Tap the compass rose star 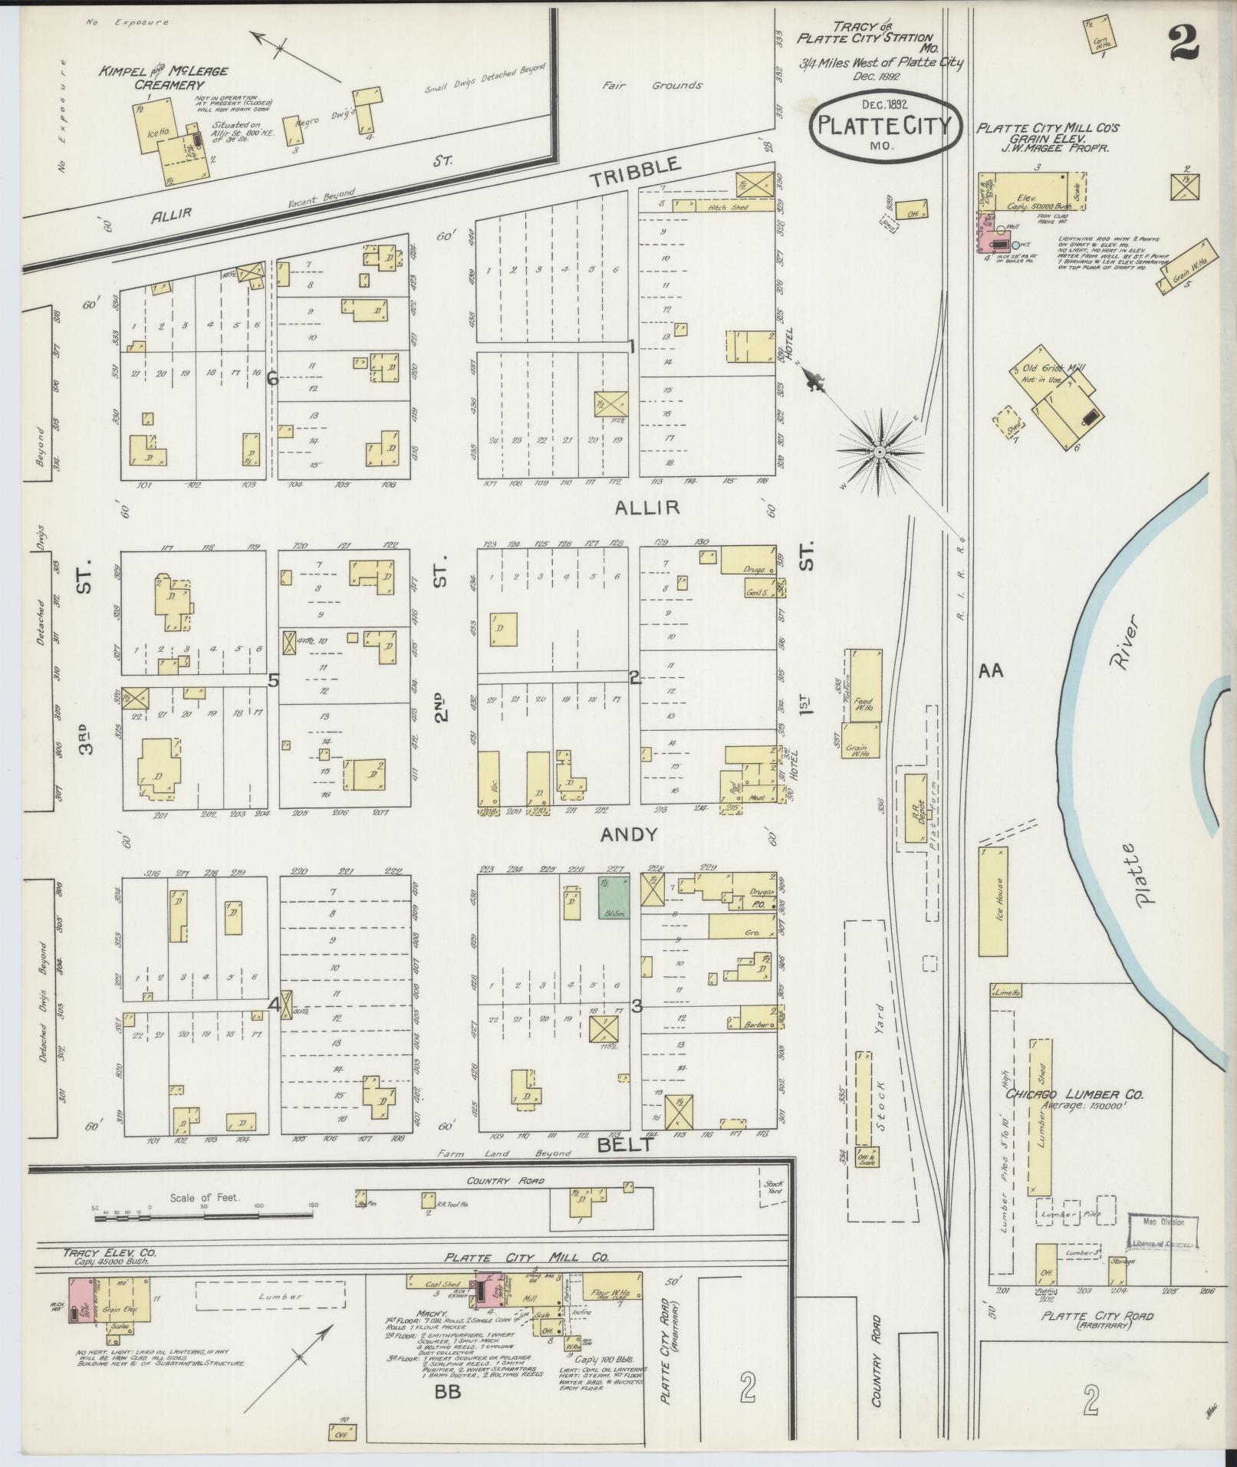[x=880, y=452]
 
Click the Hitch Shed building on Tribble [x=722, y=206]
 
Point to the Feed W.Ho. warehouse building [x=864, y=685]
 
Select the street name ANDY [x=628, y=834]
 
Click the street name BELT [x=626, y=1145]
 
